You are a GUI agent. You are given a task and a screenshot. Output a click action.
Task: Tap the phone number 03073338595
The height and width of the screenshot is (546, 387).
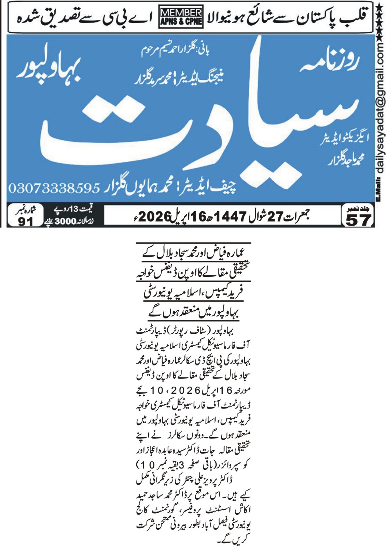coord(54,188)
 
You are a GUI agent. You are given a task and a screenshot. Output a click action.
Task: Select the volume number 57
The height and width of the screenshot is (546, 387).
coord(358,220)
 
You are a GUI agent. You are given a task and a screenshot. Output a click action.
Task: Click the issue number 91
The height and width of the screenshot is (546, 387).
coord(26,221)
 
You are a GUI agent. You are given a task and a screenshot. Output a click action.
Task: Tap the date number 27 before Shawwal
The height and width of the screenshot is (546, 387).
coord(276,216)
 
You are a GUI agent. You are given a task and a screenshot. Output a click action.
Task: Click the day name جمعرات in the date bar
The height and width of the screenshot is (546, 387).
coord(297,216)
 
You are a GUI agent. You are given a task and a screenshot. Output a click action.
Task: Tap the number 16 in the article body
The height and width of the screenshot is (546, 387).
coord(227,390)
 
